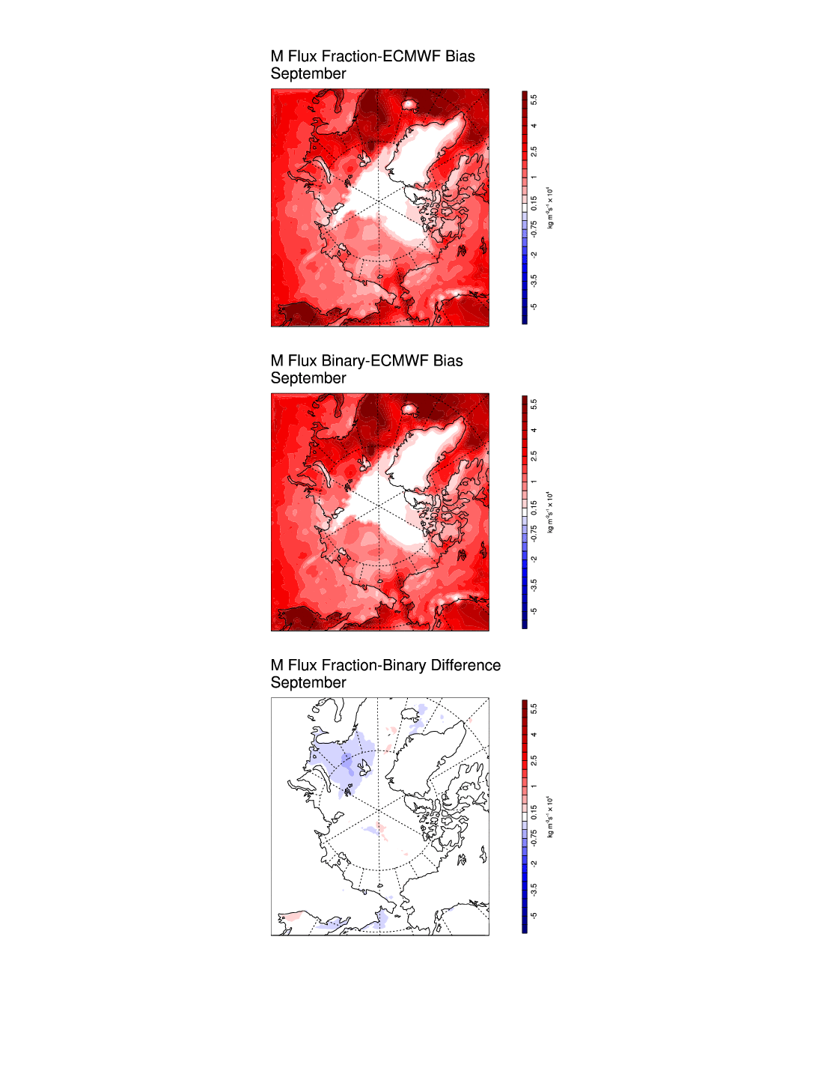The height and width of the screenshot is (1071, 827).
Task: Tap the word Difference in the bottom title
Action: click(466, 665)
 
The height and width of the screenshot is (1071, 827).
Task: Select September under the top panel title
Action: click(308, 74)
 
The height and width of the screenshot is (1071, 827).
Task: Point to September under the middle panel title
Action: click(308, 379)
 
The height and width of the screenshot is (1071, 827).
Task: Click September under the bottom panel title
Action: click(308, 683)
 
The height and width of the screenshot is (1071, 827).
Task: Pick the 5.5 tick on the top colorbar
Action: click(534, 100)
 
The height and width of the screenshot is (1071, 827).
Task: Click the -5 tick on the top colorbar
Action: click(534, 306)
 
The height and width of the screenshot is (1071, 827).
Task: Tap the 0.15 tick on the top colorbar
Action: click(534, 203)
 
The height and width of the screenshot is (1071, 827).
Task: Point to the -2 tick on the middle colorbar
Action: click(534, 559)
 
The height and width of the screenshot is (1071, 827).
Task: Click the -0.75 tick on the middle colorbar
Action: click(534, 533)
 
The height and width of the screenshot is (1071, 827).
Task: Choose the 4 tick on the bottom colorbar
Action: click(534, 735)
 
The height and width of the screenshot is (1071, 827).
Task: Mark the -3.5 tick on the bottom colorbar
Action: click(534, 889)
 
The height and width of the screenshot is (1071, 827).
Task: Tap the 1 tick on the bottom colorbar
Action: click(534, 786)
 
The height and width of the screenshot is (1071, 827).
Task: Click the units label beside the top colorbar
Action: click(550, 207)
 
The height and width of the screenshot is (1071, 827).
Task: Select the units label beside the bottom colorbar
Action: click(550, 816)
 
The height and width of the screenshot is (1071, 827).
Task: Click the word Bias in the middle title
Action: click(448, 361)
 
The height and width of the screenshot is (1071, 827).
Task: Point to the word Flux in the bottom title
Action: click(302, 665)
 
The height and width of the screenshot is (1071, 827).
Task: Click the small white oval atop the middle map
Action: click(409, 408)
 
